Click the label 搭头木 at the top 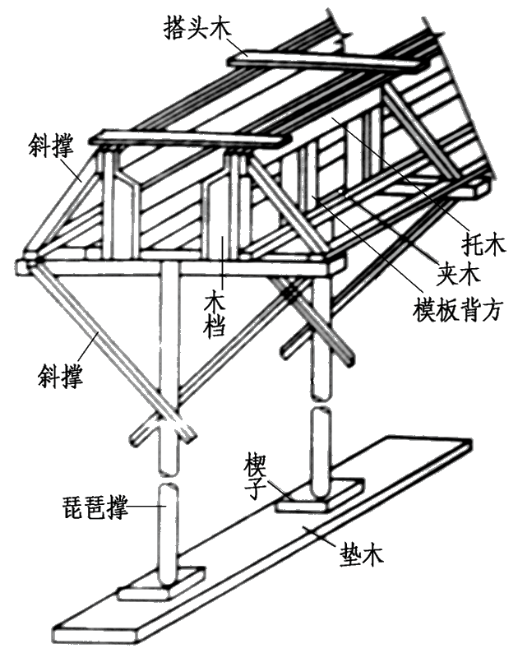197,27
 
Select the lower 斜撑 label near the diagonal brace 60,376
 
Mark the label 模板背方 458,309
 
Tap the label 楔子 255,475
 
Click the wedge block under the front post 161,585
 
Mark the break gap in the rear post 321,404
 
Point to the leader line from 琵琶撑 147,507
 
